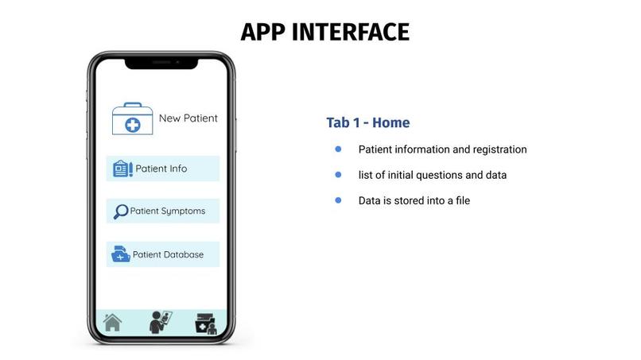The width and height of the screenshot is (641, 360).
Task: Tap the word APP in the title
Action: [x=263, y=32]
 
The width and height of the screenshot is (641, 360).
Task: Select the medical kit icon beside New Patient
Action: [x=132, y=119]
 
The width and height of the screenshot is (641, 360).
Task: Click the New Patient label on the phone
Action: [x=188, y=118]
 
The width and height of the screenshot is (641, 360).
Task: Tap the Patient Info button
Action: [x=162, y=168]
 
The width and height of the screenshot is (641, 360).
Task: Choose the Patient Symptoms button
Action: [x=162, y=211]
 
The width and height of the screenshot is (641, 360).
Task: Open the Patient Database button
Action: [x=162, y=254]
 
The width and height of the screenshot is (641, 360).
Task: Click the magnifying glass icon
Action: [x=121, y=211]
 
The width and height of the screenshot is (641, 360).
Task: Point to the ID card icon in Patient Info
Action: [x=122, y=168]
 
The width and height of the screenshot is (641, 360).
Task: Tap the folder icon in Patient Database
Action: [x=121, y=254]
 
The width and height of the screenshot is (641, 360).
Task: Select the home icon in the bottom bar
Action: [x=113, y=323]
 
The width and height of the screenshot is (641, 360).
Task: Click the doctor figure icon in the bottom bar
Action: [x=160, y=322]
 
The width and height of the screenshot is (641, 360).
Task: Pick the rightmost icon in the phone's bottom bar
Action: [x=205, y=323]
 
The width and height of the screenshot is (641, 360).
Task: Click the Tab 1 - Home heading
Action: [x=367, y=122]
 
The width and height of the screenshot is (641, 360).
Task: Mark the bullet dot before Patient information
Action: [x=338, y=149]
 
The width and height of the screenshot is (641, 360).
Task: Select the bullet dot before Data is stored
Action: [x=338, y=199]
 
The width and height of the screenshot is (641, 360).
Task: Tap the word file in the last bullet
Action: [x=460, y=200]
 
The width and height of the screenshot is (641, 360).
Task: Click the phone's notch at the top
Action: [x=161, y=62]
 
